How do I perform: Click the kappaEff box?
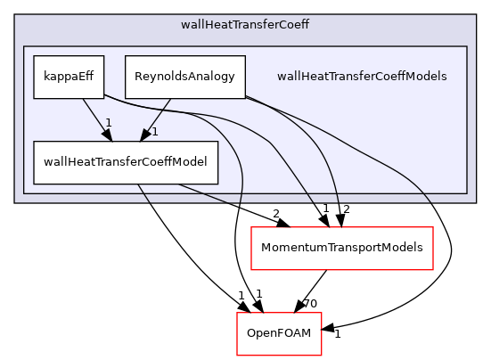click(69, 77)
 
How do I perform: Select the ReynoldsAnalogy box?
click(184, 77)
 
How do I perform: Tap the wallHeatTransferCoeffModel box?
click(125, 162)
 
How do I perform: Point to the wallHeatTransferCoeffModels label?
click(362, 77)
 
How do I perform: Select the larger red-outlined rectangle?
click(342, 248)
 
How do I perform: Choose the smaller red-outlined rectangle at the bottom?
click(279, 333)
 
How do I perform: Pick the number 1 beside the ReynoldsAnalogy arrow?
click(154, 133)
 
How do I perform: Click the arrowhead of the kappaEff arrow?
click(106, 135)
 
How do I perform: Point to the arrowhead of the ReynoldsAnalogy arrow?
click(144, 135)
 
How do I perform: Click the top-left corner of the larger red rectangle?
click(251, 227)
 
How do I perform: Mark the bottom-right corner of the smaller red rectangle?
click(321, 355)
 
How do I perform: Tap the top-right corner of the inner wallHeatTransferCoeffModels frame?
click(467, 46)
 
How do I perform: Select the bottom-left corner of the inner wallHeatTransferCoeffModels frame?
click(23, 192)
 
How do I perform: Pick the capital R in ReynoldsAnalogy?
click(138, 77)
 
